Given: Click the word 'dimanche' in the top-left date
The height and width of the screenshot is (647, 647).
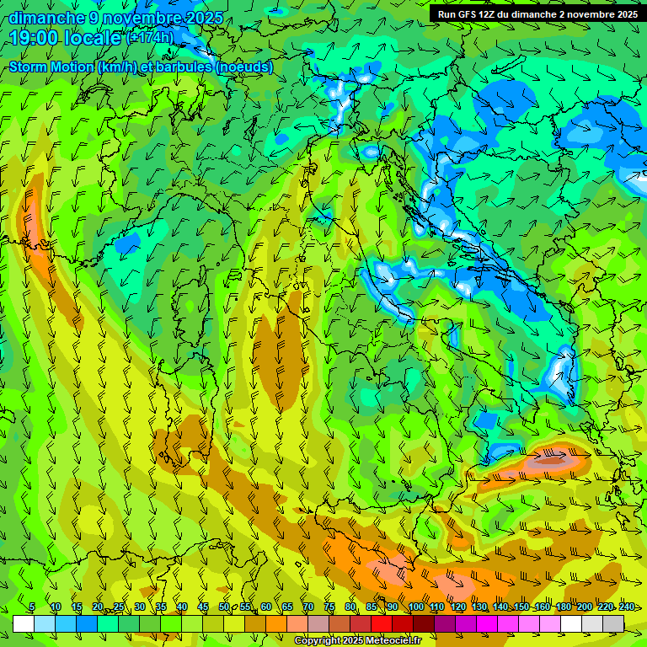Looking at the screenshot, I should pyautogui.click(x=40, y=18).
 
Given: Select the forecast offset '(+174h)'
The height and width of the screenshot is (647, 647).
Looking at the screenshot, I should pyautogui.click(x=150, y=37).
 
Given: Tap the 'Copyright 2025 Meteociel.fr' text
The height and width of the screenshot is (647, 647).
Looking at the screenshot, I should pyautogui.click(x=357, y=641).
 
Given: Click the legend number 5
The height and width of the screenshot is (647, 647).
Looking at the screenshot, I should pyautogui.click(x=32, y=607).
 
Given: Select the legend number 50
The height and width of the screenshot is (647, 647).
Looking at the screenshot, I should pyautogui.click(x=224, y=607).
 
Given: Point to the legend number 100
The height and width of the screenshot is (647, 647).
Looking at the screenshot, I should pyautogui.click(x=415, y=607).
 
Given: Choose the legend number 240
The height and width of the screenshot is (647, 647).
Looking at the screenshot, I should pyautogui.click(x=627, y=607).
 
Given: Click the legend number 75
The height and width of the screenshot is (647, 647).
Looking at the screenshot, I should pyautogui.click(x=329, y=607).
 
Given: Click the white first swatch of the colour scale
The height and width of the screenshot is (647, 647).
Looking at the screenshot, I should pyautogui.click(x=24, y=623).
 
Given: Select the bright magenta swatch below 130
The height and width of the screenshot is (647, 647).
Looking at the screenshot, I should pyautogui.click(x=487, y=623).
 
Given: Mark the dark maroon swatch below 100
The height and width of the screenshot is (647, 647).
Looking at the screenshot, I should pyautogui.click(x=424, y=623).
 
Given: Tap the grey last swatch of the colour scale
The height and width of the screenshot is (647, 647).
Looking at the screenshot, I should pyautogui.click(x=613, y=623).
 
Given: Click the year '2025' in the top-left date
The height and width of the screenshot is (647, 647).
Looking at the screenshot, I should pyautogui.click(x=205, y=18).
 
